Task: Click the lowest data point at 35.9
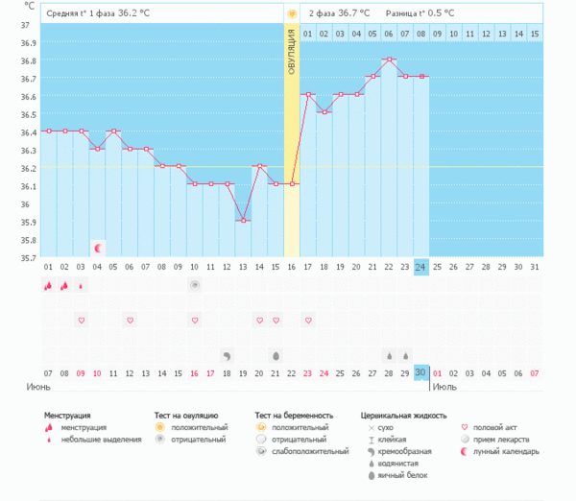[243, 221]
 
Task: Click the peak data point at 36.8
[389, 60]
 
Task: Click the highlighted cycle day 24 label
[420, 266]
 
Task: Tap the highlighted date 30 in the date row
[420, 372]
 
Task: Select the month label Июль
[444, 387]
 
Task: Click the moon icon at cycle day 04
[97, 248]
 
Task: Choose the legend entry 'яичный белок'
[402, 475]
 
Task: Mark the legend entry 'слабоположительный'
[310, 451]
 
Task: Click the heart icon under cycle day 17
[308, 320]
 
